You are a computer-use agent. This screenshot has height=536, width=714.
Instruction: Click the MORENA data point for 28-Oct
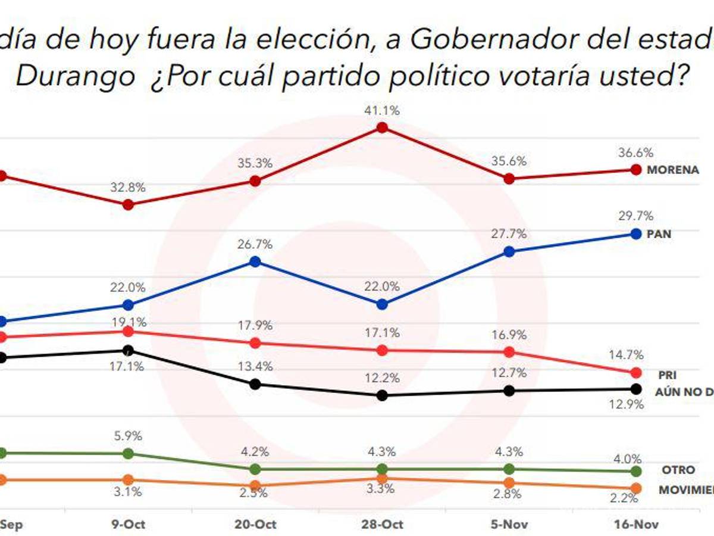pyautogui.click(x=383, y=127)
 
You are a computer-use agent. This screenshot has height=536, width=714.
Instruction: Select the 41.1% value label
pyautogui.click(x=383, y=111)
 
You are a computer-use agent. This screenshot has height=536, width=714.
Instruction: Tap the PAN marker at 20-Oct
pyautogui.click(x=255, y=261)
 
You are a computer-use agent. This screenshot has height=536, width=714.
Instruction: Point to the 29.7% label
pyautogui.click(x=640, y=216)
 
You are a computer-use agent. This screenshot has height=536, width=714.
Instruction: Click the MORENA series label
pyautogui.click(x=673, y=170)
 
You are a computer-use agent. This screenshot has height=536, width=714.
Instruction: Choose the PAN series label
pyautogui.click(x=659, y=234)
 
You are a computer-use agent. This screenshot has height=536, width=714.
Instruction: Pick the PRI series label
pyautogui.click(x=667, y=375)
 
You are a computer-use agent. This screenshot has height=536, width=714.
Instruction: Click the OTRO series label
pyautogui.click(x=678, y=470)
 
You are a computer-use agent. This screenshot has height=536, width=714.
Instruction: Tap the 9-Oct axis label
pyautogui.click(x=128, y=525)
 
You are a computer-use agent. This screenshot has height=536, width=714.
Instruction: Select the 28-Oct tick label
pyautogui.click(x=383, y=525)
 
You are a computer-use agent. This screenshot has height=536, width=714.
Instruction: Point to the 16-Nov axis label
pyautogui.click(x=635, y=525)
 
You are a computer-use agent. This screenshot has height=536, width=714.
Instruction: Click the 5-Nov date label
pyautogui.click(x=509, y=525)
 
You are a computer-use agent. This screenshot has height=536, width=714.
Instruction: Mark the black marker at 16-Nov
pyautogui.click(x=635, y=389)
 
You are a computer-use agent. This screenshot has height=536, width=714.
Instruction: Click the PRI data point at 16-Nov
pyautogui.click(x=635, y=373)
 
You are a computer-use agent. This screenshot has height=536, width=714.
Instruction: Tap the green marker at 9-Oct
pyautogui.click(x=128, y=453)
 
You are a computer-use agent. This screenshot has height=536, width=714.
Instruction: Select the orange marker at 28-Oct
pyautogui.click(x=383, y=478)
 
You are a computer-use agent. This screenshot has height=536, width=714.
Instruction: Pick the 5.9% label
pyautogui.click(x=128, y=436)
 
